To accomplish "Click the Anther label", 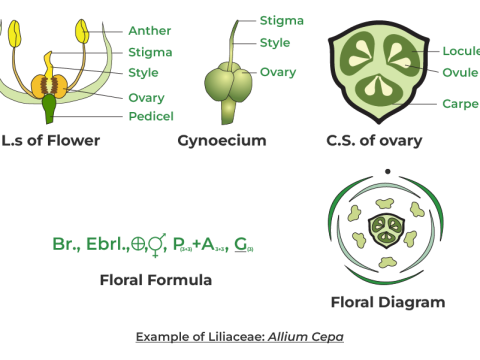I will [150, 31].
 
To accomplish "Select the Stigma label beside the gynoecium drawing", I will [281, 20].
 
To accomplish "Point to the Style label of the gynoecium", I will [275, 43].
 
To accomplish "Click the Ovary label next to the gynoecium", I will [278, 72].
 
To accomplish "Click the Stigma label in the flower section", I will [150, 52].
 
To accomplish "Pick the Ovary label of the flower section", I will [147, 97].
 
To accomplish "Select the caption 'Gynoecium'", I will [222, 141].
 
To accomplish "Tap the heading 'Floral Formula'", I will [156, 280].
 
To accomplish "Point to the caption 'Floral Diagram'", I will [388, 302].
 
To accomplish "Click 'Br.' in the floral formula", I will [63, 244].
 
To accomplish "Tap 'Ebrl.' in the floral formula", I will [101, 244].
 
